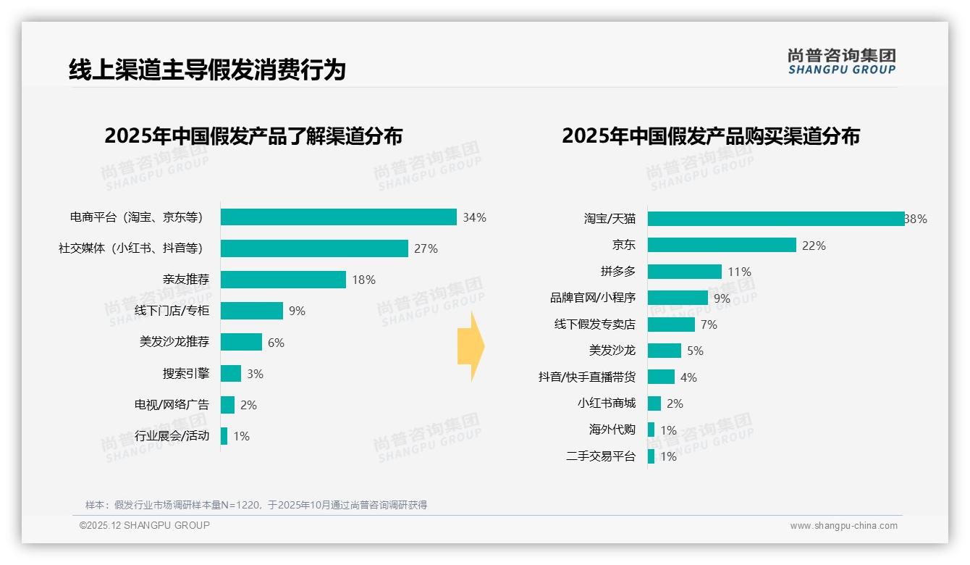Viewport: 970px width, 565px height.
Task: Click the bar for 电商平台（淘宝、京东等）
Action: pyautogui.click(x=338, y=217)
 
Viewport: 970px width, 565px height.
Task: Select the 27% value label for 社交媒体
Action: pyautogui.click(x=426, y=248)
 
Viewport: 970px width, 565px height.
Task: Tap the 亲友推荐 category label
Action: pyautogui.click(x=185, y=280)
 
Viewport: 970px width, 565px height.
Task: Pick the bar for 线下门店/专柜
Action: pyautogui.click(x=251, y=311)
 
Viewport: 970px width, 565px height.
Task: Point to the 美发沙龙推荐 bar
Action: pyautogui.click(x=241, y=342)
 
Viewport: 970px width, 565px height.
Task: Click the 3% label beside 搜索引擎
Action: pyautogui.click(x=255, y=374)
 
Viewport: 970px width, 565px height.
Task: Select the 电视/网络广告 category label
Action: pyautogui.click(x=172, y=405)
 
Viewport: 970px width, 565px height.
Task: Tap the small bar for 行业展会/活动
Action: pyautogui.click(x=224, y=436)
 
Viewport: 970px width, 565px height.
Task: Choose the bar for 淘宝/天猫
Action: pyautogui.click(x=775, y=219)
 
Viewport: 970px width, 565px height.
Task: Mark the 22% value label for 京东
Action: pyautogui.click(x=814, y=246)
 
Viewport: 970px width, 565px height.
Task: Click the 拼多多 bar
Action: pyautogui.click(x=684, y=272)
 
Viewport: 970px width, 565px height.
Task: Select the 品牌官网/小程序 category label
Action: pyautogui.click(x=592, y=298)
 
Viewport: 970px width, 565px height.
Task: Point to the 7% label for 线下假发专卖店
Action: pyautogui.click(x=709, y=325)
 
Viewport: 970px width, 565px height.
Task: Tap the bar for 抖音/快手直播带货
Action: pyautogui.click(x=661, y=377)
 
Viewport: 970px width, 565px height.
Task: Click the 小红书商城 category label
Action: pyautogui.click(x=606, y=403)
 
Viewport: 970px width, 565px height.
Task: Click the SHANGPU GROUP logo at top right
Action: pyautogui.click(x=841, y=61)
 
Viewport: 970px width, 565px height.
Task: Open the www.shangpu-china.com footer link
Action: pyautogui.click(x=843, y=526)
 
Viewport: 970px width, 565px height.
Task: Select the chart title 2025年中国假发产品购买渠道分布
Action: pyautogui.click(x=710, y=136)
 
